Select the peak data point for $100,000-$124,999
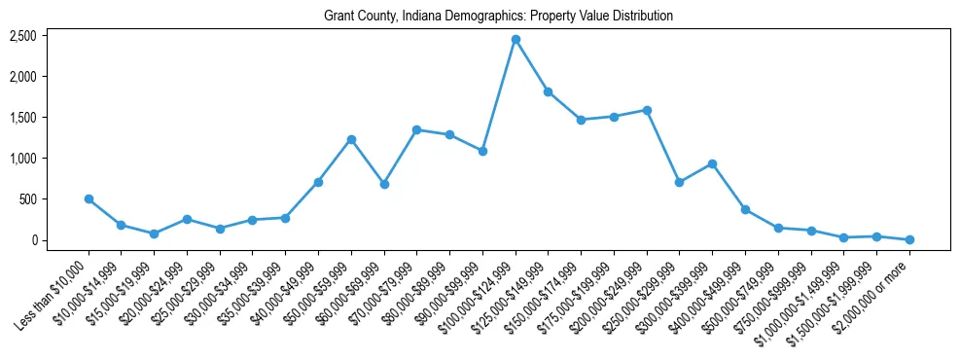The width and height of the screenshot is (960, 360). [x=516, y=39]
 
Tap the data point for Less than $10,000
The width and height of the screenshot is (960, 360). [x=89, y=198]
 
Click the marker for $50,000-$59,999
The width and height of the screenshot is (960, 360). [x=351, y=139]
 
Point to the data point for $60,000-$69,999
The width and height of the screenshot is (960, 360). [x=384, y=184]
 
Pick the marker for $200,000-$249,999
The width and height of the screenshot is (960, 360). [x=647, y=110]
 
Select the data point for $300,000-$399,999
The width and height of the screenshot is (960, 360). [x=712, y=163]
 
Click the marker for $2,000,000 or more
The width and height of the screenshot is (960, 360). [x=909, y=239]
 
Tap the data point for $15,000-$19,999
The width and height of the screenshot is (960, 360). [x=154, y=234]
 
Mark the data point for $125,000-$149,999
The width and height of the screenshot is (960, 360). [x=549, y=91]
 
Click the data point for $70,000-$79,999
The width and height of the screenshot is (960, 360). [x=416, y=129]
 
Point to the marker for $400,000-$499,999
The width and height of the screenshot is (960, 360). [x=745, y=209]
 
